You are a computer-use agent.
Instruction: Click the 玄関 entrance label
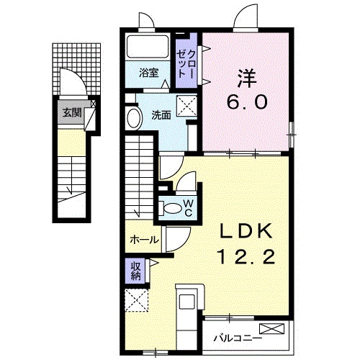coord(71,112)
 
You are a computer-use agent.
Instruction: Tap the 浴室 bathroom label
coord(149,72)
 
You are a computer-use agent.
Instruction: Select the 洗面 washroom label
coord(161,114)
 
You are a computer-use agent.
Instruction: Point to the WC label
coord(187,208)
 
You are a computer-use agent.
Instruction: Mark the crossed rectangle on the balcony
coord(276,330)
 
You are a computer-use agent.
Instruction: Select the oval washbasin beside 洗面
coord(133,118)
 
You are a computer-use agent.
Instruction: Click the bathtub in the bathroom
coord(149,48)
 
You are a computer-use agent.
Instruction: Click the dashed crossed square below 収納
coord(135,301)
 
